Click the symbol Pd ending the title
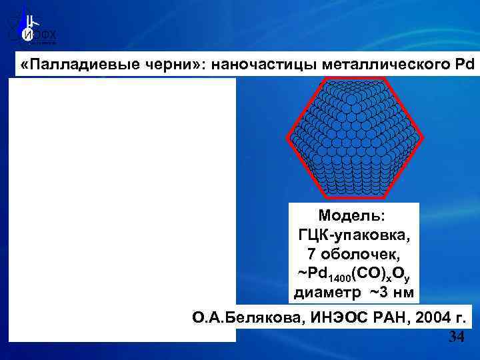[461, 65]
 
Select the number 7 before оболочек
[312, 254]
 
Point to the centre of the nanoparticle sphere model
[354, 138]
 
